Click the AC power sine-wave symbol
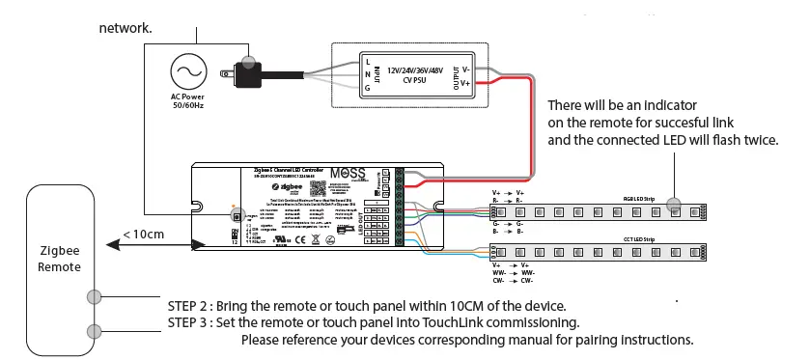[x=187, y=71]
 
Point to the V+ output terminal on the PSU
[x=466, y=84]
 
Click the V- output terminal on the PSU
[x=466, y=69]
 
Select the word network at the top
[x=125, y=28]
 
